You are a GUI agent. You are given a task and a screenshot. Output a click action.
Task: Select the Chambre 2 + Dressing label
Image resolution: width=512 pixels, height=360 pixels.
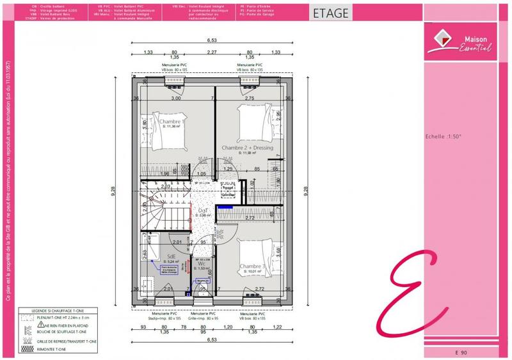(x=247, y=148)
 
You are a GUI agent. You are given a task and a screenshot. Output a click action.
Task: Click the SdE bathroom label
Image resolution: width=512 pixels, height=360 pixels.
(x=172, y=256)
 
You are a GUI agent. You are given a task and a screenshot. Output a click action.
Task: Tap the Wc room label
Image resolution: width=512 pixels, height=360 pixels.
(x=202, y=263)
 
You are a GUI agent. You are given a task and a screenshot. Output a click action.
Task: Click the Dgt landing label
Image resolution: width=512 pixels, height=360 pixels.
(x=202, y=210)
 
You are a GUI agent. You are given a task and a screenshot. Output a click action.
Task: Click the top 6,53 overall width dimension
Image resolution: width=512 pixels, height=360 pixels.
(x=211, y=40)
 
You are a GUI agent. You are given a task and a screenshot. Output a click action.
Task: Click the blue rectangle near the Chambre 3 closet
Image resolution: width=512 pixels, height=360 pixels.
(x=224, y=207)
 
